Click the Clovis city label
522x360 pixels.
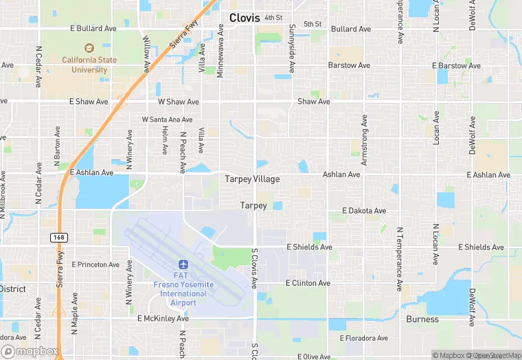[x=245, y=18]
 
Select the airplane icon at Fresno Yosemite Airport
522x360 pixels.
[x=183, y=265]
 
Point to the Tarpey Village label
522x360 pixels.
[x=252, y=179]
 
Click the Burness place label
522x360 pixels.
[x=422, y=319]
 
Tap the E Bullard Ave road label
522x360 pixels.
[x=95, y=29]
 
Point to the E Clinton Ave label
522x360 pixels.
[x=308, y=283]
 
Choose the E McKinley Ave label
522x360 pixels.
[x=163, y=319]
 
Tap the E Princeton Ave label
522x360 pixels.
[x=94, y=265]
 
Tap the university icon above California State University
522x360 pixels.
[x=88, y=48]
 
